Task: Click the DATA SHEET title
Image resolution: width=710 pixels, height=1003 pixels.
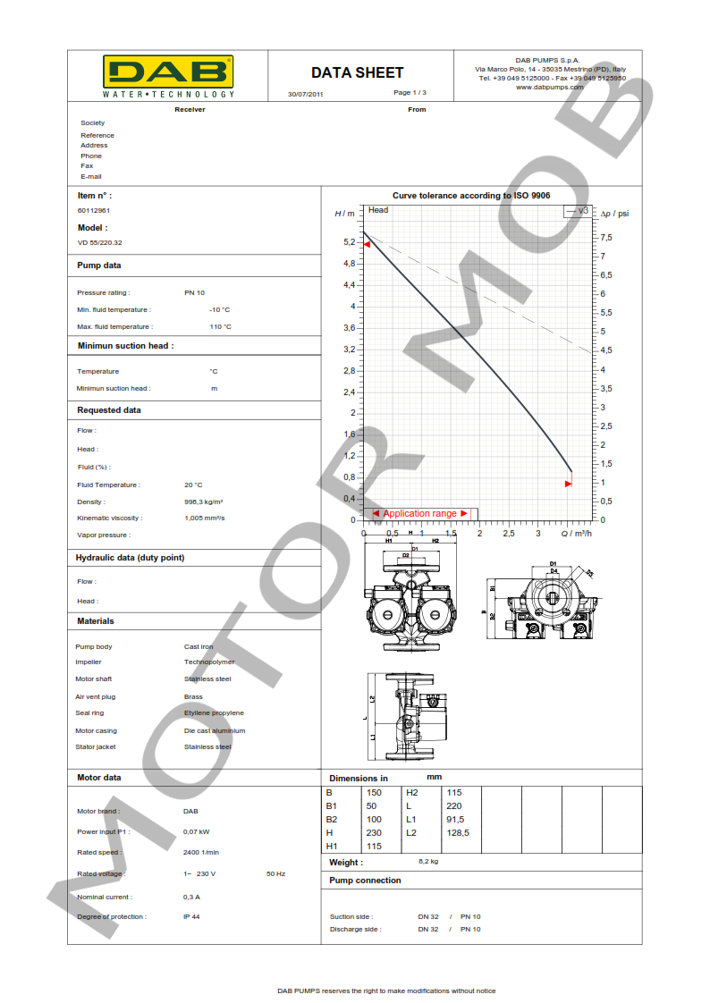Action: click(x=357, y=72)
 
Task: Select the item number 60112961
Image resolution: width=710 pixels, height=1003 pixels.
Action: click(x=94, y=210)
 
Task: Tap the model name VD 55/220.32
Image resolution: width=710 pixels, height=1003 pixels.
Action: click(x=100, y=242)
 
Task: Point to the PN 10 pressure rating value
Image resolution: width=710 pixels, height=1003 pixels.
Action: click(x=194, y=292)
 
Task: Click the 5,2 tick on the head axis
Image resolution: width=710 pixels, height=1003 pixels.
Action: click(x=349, y=242)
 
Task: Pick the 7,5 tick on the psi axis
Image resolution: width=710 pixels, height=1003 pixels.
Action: click(x=606, y=237)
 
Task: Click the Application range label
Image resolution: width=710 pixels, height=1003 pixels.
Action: click(x=419, y=514)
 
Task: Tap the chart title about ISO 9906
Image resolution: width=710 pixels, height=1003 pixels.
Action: click(x=471, y=195)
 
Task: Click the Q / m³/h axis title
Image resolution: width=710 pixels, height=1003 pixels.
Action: click(x=577, y=534)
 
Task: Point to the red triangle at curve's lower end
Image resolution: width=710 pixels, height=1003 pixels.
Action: click(x=568, y=485)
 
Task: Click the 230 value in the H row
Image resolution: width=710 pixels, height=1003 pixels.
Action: click(x=374, y=832)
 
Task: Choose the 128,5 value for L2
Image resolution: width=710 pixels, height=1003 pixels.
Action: click(x=457, y=832)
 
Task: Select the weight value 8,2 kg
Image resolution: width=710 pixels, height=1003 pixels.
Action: click(x=428, y=862)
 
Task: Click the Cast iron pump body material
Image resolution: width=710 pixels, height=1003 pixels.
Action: click(x=198, y=646)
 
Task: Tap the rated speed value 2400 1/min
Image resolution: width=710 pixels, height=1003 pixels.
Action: click(x=201, y=852)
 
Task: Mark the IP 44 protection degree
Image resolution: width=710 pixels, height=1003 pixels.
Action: click(x=191, y=916)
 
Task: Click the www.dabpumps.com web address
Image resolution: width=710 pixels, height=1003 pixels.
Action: click(x=550, y=87)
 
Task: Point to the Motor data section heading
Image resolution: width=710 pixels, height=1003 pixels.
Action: click(x=99, y=778)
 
